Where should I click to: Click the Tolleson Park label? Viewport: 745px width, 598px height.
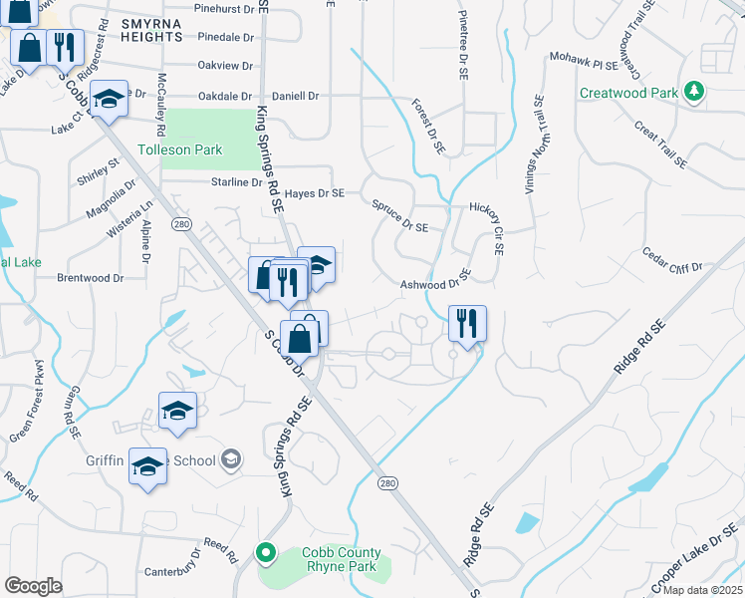pyautogui.click(x=179, y=150)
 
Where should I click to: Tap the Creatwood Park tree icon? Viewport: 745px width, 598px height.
pyautogui.click(x=695, y=93)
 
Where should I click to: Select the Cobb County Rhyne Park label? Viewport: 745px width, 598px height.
pyautogui.click(x=341, y=560)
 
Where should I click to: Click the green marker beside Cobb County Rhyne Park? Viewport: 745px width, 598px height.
pyautogui.click(x=266, y=551)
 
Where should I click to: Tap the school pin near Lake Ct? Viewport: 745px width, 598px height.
pyautogui.click(x=109, y=99)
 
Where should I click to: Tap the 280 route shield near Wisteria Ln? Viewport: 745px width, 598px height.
pyautogui.click(x=180, y=223)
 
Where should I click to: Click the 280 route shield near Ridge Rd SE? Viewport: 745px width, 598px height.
pyautogui.click(x=387, y=482)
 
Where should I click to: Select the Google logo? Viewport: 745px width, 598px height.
pyautogui.click(x=33, y=586)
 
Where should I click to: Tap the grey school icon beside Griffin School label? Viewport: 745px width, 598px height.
pyautogui.click(x=231, y=459)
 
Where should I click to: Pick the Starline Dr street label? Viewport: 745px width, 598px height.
pyautogui.click(x=236, y=182)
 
